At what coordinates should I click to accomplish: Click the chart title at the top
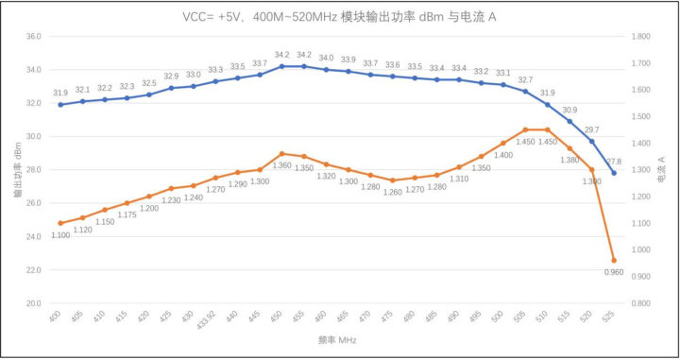coord(339,17)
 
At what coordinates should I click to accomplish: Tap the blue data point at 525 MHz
coord(614,173)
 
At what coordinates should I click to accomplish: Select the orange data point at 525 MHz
coord(614,260)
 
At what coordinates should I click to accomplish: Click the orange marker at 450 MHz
coord(281,153)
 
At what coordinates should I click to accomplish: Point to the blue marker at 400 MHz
coord(60,104)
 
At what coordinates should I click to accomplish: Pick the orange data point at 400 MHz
coord(60,223)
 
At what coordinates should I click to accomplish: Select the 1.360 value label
coord(282,165)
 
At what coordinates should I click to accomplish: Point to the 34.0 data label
coord(326,58)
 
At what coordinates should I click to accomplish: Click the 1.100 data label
coord(61,235)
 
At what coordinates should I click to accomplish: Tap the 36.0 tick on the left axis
coord(33,36)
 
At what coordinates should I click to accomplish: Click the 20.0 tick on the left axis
coord(33,303)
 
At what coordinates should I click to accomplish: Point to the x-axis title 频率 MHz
coord(337,337)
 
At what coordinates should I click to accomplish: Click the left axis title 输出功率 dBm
coord(16,170)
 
